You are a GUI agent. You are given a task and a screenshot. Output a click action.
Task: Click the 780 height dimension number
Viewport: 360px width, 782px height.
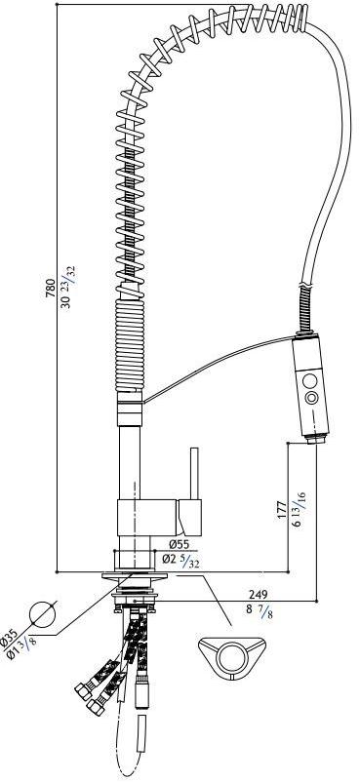(x=50, y=289)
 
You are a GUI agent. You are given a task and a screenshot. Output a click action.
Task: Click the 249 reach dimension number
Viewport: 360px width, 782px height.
(x=259, y=595)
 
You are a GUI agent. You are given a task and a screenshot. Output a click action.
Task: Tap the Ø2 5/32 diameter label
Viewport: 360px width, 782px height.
(x=180, y=561)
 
